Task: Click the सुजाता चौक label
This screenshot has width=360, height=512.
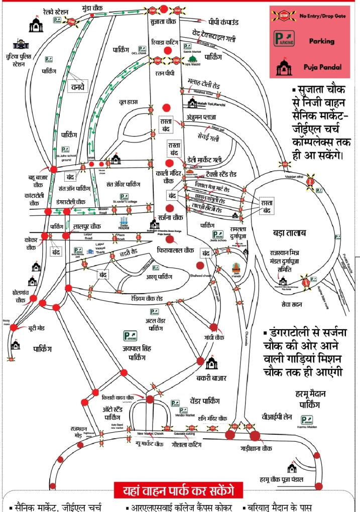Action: (x=163, y=22)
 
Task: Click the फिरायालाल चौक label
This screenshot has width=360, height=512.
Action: (x=175, y=249)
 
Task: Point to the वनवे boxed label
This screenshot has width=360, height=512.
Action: (x=77, y=86)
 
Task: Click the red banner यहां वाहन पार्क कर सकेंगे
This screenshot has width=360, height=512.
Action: (x=178, y=490)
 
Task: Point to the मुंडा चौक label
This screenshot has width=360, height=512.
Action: (x=92, y=9)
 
